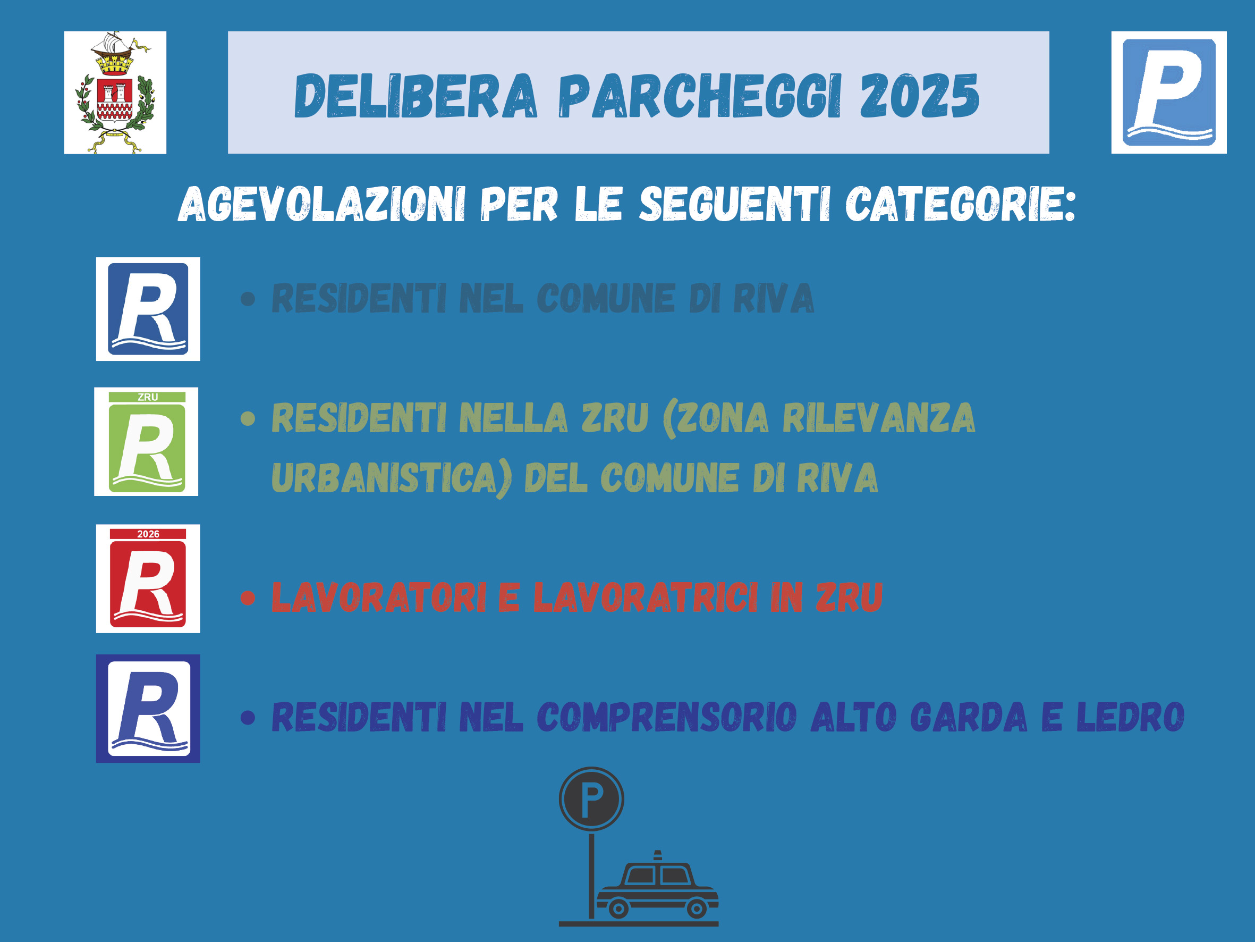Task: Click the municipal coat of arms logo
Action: (x=115, y=92)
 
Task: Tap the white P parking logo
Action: (x=1169, y=92)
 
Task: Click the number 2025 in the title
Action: (x=920, y=96)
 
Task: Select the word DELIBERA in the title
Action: (x=415, y=96)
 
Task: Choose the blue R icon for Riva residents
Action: (x=148, y=309)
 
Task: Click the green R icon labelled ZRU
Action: (x=146, y=442)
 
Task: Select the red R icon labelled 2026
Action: (x=148, y=578)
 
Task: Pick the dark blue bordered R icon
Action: (x=148, y=709)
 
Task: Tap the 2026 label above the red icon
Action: (x=148, y=534)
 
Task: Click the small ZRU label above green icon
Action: (x=148, y=398)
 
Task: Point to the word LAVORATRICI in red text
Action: (x=646, y=598)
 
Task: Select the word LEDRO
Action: (x=1131, y=717)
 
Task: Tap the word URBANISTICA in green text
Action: (x=392, y=478)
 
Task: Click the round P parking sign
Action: (x=591, y=799)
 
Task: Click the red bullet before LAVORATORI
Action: (x=248, y=598)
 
